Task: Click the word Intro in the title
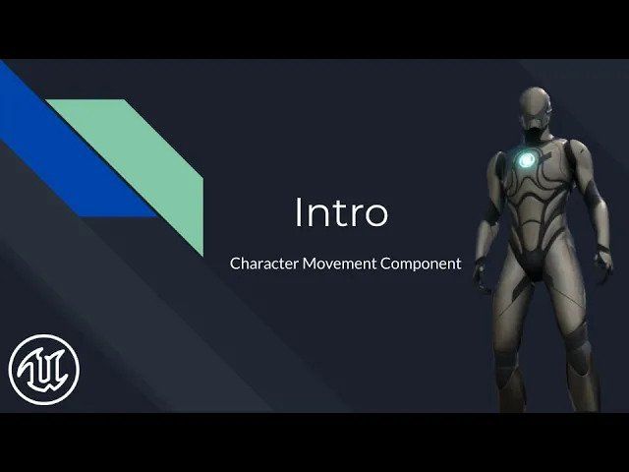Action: click(x=342, y=212)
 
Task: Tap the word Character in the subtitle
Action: click(x=264, y=264)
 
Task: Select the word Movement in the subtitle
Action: click(x=339, y=264)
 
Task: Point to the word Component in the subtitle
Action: click(x=421, y=265)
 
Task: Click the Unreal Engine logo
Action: click(x=44, y=370)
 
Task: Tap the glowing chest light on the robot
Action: click(x=526, y=160)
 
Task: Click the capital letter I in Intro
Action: click(x=298, y=212)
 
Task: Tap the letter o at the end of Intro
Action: click(x=377, y=216)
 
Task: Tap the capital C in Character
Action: click(x=235, y=264)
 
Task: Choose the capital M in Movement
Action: click(x=310, y=264)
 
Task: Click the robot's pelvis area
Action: click(x=536, y=265)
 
